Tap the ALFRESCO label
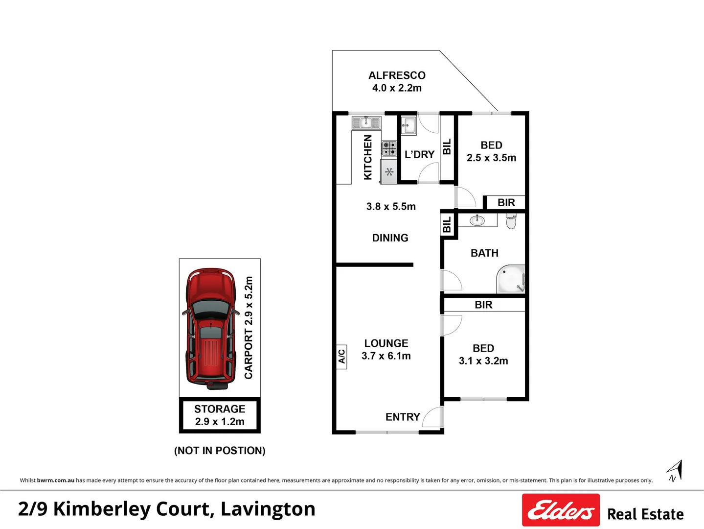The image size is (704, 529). click(x=397, y=75)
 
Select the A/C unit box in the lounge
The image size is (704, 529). click(x=341, y=356)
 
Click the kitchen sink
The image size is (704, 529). click(x=366, y=122)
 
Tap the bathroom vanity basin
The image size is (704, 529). click(x=477, y=220)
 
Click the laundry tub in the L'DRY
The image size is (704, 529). click(x=409, y=125)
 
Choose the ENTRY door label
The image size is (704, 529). click(x=403, y=417)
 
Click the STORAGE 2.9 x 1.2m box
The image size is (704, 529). click(x=220, y=415)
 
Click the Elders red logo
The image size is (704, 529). click(x=561, y=510)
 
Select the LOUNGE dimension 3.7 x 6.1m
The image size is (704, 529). click(x=386, y=356)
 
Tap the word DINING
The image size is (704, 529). click(x=390, y=238)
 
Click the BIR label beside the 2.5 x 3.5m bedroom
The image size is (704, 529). click(x=506, y=203)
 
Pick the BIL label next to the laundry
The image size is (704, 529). click(x=447, y=147)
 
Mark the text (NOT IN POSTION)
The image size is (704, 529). click(x=220, y=451)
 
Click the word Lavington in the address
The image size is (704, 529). click(x=268, y=509)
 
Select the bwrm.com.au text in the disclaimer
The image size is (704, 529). click(x=56, y=481)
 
